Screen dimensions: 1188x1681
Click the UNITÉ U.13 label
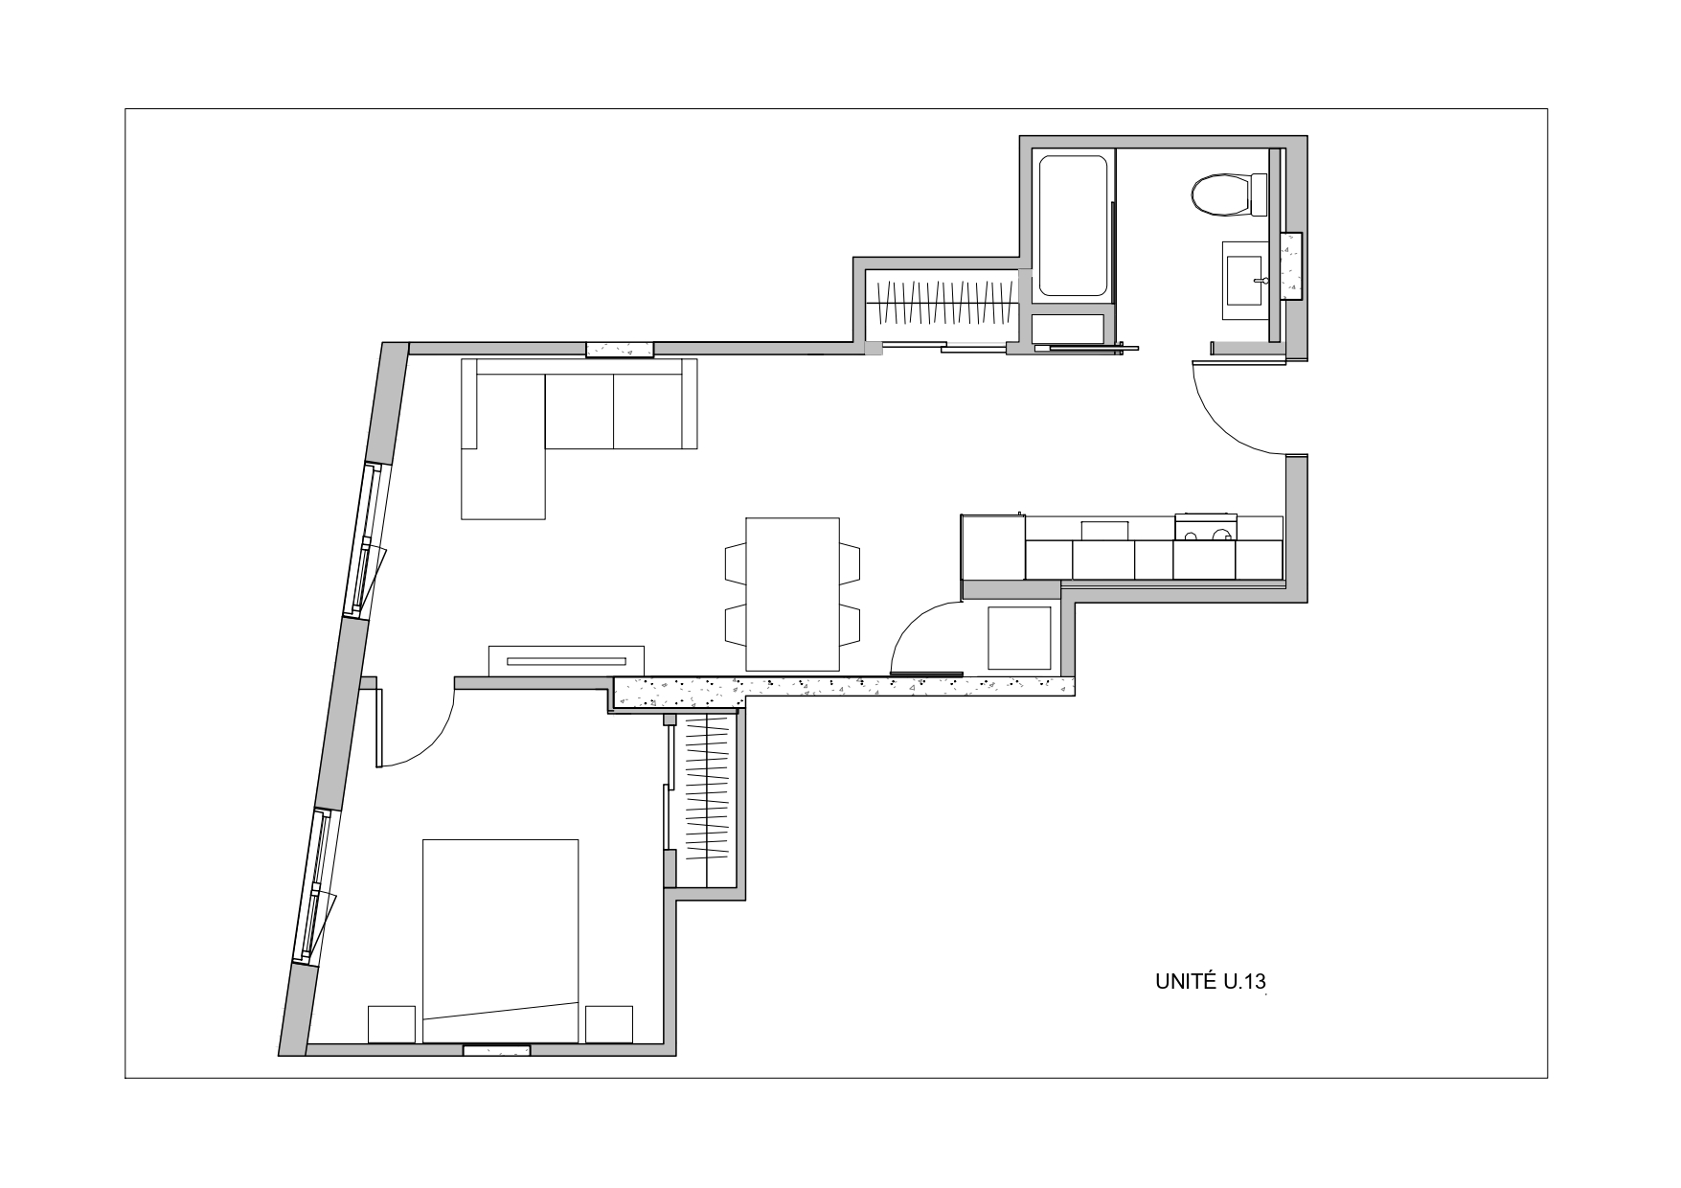[1211, 981]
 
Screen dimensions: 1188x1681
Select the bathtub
[1073, 225]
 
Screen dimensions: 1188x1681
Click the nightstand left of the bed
[392, 1024]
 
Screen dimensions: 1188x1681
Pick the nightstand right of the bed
[609, 1024]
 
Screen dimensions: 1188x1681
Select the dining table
[792, 594]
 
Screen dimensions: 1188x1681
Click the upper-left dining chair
[737, 561]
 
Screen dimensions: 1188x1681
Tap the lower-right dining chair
[850, 625]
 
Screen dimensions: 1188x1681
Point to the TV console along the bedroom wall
[566, 660]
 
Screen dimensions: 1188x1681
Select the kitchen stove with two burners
[1205, 529]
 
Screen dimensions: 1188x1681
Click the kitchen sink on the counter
[1105, 530]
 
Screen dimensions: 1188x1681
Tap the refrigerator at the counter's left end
[993, 547]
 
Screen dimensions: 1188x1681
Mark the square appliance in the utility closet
[1019, 638]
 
